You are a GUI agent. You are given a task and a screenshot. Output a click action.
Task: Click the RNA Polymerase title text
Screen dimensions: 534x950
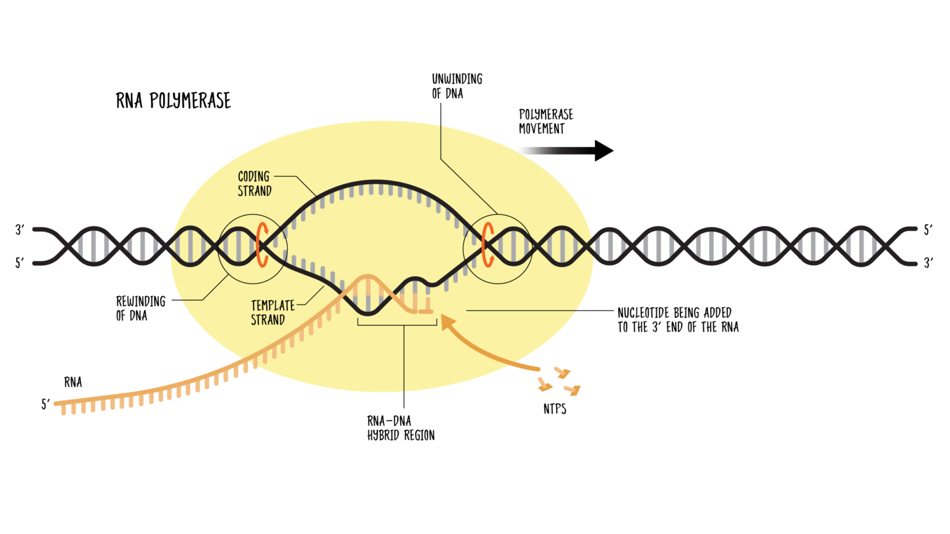click(173, 101)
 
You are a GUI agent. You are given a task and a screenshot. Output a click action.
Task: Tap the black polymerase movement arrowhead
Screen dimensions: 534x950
click(603, 150)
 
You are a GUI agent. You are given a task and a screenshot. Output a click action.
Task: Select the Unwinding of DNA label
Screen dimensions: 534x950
click(457, 86)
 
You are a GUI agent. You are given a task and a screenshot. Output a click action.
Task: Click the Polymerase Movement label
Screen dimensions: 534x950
click(546, 122)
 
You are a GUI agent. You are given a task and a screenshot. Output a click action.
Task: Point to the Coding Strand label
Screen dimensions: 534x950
click(254, 184)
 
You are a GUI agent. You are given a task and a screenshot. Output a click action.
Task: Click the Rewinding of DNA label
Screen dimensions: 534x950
click(140, 308)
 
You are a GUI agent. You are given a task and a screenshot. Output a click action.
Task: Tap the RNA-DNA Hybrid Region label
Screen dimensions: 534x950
click(401, 428)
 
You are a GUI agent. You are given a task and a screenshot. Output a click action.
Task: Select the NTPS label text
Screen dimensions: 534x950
click(555, 409)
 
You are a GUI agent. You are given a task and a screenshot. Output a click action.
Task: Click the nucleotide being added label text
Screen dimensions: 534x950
click(678, 320)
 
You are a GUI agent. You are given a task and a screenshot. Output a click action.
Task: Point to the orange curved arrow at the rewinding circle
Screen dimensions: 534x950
click(262, 245)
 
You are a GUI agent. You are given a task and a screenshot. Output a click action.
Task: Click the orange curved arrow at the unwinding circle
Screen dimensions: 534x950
click(488, 245)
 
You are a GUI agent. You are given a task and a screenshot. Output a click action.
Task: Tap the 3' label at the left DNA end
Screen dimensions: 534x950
click(20, 230)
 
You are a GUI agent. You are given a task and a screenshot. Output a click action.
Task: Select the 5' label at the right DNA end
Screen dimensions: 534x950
click(928, 230)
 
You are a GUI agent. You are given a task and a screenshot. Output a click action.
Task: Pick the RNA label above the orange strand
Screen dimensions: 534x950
click(73, 383)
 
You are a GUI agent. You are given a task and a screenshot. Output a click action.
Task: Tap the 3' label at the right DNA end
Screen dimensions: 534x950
click(928, 263)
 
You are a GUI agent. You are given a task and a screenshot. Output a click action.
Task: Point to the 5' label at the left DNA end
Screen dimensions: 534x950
click(20, 263)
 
